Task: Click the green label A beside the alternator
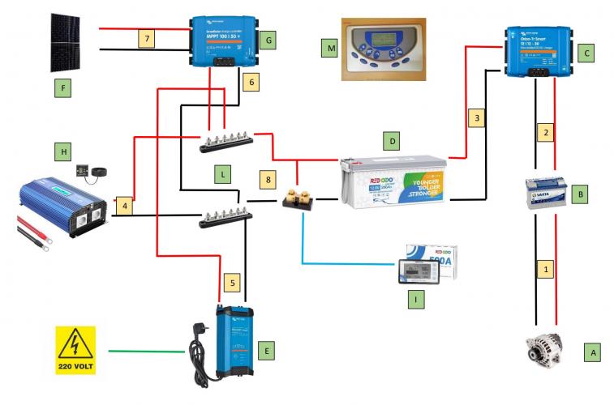pos(593,352)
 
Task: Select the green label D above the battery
pos(392,142)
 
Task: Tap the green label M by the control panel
pos(329,50)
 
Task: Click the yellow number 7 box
pos(145,39)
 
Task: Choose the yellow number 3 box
pos(479,119)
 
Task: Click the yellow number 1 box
pos(546,267)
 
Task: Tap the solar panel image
pos(72,40)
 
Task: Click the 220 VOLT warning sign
pos(75,350)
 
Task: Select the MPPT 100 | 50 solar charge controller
pos(220,44)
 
